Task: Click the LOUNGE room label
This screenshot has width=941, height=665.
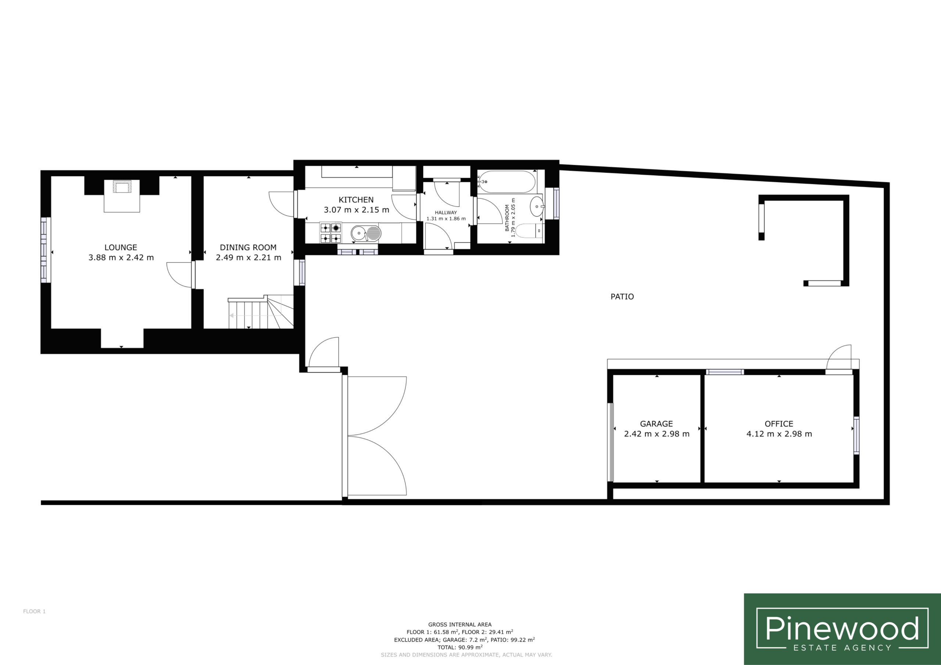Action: [121, 248]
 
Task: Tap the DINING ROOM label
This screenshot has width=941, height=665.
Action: [248, 248]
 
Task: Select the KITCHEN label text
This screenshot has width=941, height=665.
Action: [356, 200]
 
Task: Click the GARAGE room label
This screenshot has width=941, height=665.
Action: [656, 424]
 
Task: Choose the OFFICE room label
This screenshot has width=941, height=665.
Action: [779, 424]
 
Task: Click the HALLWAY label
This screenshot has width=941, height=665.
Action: [446, 213]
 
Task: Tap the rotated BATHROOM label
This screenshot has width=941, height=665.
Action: [507, 218]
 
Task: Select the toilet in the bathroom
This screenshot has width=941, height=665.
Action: [529, 231]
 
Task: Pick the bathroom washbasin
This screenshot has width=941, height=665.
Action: [537, 206]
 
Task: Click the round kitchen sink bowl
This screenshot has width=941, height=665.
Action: [358, 234]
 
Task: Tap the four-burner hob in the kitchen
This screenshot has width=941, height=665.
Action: [330, 233]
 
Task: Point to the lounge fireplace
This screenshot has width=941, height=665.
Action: [122, 195]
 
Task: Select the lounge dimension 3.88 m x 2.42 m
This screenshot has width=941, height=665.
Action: [121, 258]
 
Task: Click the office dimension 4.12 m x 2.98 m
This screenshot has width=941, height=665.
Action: [779, 434]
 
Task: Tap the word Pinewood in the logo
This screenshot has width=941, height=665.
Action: [842, 629]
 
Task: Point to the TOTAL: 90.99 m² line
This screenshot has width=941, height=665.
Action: [460, 647]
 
